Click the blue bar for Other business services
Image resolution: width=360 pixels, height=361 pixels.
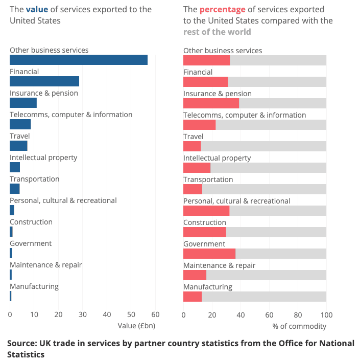tap(79, 60)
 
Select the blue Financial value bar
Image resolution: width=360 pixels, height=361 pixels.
tap(44, 81)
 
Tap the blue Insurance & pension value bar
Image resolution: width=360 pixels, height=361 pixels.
tap(23, 103)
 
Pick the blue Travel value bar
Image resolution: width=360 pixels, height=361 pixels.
tap(18, 146)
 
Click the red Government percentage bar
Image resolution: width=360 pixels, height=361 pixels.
tap(209, 254)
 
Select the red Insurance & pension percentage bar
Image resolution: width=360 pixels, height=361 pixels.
tap(211, 103)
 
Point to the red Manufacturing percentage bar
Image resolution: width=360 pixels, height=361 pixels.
tap(193, 297)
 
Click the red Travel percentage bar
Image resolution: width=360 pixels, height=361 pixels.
tap(192, 146)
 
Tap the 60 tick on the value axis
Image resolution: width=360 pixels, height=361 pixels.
tap(155, 314)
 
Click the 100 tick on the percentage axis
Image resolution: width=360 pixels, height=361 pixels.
tap(326, 314)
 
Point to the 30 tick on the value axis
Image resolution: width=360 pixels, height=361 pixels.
tap(83, 314)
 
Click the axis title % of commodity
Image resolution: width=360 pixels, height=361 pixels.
tap(299, 326)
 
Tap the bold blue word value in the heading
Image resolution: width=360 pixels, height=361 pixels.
tap(37, 9)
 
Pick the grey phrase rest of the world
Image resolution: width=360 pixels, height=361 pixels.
tap(217, 32)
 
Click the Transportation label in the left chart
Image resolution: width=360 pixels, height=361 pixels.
tap(34, 179)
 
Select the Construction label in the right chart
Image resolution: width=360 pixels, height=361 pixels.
tap(204, 222)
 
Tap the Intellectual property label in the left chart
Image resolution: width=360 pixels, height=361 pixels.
tap(43, 157)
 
